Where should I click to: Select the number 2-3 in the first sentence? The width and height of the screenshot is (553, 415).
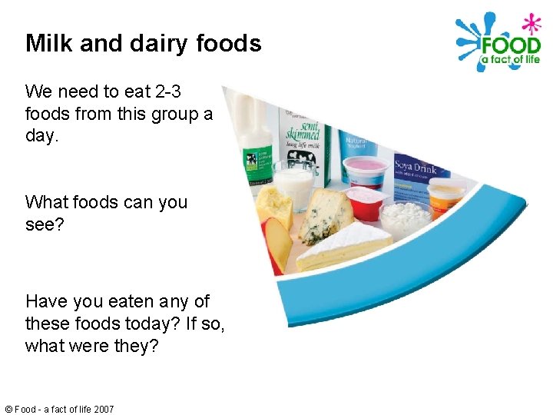tap(164, 92)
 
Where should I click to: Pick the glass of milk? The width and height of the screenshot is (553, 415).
tap(293, 184)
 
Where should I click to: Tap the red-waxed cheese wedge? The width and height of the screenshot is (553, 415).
tap(276, 242)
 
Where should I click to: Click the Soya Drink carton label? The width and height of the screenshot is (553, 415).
tap(416, 168)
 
